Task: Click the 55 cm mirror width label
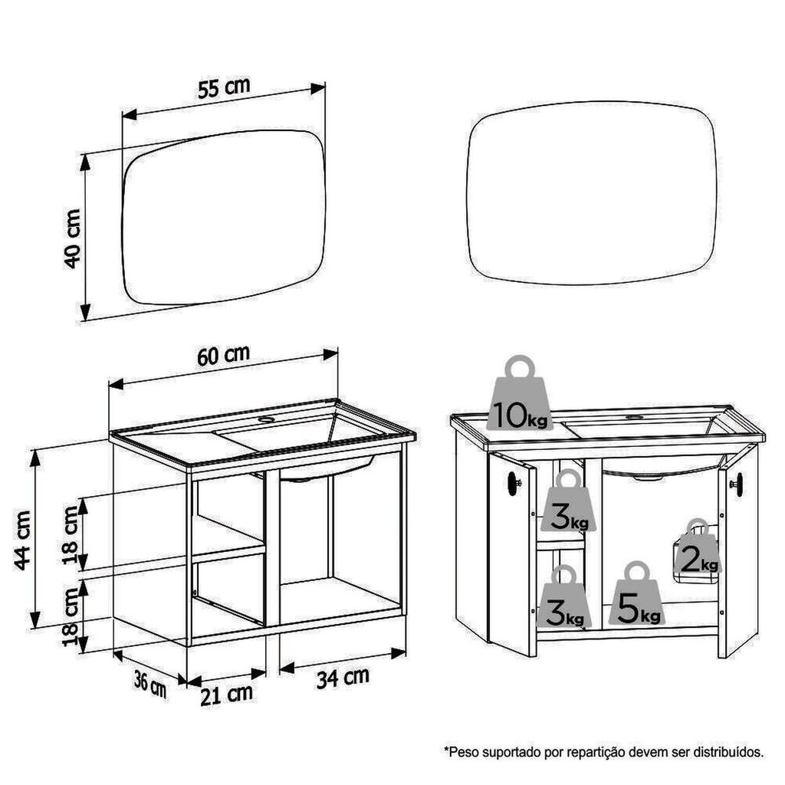[x=224, y=88]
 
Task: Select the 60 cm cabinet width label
[x=223, y=355]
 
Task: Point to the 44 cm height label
[x=23, y=540]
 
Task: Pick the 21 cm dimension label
[x=226, y=695]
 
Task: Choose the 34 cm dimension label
[x=343, y=678]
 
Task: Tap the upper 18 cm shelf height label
[x=71, y=534]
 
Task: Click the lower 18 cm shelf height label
[x=71, y=617]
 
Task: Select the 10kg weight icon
[x=520, y=393]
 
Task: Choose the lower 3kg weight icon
[x=564, y=596]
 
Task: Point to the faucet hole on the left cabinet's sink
[x=267, y=419]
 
